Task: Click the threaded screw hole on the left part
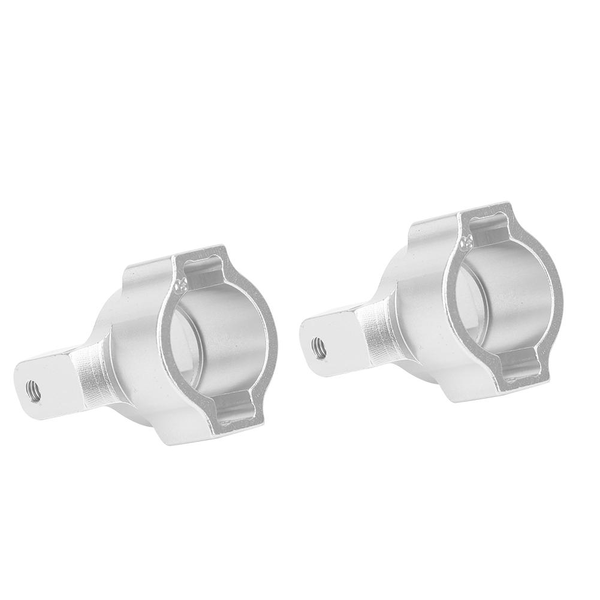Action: click(29, 388)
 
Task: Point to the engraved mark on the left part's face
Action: click(179, 282)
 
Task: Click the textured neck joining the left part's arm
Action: click(90, 375)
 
